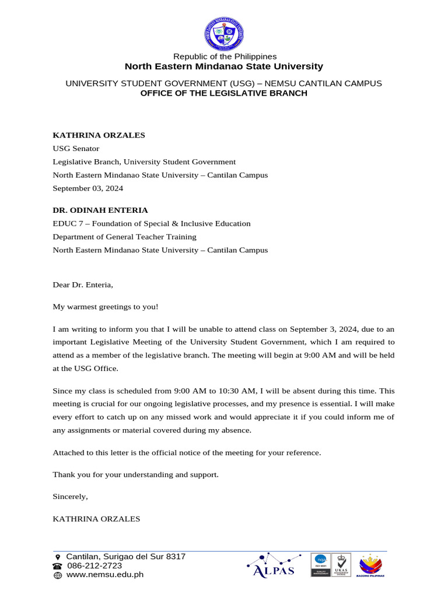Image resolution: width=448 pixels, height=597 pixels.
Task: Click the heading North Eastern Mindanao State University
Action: [224, 66]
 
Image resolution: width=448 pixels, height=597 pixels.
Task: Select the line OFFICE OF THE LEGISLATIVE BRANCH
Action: [224, 93]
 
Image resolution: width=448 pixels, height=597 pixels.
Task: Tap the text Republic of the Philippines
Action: [224, 57]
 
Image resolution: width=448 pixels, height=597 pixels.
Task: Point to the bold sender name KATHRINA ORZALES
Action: [99, 135]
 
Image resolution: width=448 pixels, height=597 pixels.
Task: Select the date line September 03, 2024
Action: [87, 188]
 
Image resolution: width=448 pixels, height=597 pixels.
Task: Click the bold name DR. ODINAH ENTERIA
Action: [100, 210]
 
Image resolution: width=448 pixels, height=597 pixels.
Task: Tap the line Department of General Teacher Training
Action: [124, 237]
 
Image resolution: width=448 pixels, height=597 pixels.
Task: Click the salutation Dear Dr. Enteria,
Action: [83, 285]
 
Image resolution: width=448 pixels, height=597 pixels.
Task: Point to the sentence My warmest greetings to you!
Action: [105, 307]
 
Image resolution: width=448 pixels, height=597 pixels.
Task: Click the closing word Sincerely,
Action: [70, 497]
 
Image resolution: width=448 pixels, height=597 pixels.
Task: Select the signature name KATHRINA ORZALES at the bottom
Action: [96, 518]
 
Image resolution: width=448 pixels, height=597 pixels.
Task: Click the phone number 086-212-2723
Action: [94, 566]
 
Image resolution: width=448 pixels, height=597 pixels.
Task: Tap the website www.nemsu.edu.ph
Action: [104, 575]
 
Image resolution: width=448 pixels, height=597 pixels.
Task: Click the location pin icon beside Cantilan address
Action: [57, 557]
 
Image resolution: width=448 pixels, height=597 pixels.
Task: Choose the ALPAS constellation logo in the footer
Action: [274, 564]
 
